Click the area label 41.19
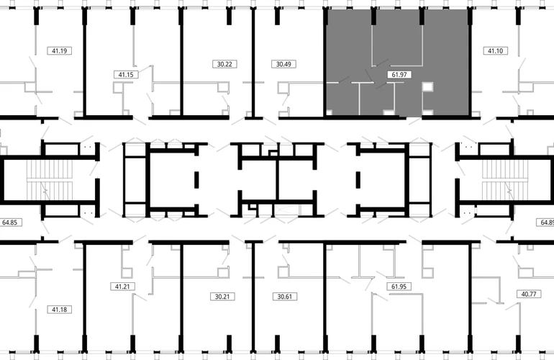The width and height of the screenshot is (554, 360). point(59,51)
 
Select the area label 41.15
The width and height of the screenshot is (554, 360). point(126,75)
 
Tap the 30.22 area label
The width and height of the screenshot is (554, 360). point(224,64)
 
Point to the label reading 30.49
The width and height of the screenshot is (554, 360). point(283,64)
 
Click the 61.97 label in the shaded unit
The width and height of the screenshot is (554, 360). point(399,75)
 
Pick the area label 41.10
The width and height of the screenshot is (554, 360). point(495,51)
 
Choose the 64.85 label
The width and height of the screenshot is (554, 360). point(10,222)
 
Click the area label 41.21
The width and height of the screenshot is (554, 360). point(122,287)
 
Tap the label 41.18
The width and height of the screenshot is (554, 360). point(59,310)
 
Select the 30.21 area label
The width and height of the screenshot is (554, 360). point(222,297)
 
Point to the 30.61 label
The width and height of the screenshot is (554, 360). point(285,297)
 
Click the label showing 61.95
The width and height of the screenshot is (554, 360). point(399,287)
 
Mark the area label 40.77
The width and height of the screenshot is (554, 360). point(529,294)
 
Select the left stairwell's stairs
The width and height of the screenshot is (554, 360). point(50,180)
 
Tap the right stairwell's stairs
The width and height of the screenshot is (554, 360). point(505,180)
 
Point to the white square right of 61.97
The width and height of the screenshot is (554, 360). point(427,86)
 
